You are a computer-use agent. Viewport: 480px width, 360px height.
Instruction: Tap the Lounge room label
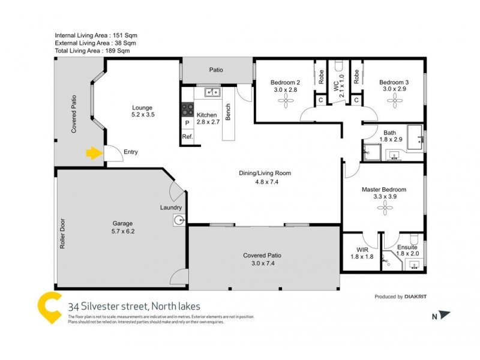(143, 111)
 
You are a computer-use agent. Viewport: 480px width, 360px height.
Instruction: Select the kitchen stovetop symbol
(186, 109)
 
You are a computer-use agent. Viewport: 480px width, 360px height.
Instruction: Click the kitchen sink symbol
(211, 92)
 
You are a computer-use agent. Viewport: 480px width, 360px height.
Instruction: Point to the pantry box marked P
(187, 123)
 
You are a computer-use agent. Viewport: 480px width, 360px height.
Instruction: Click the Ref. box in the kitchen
(187, 137)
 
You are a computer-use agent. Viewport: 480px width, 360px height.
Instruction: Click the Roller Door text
(62, 233)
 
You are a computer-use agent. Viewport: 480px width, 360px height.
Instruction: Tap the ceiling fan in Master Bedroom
(383, 208)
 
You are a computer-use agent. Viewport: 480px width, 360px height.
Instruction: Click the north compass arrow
(444, 314)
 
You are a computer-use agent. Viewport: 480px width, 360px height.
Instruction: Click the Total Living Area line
(92, 51)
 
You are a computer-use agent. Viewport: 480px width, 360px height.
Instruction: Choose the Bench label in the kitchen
(228, 112)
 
